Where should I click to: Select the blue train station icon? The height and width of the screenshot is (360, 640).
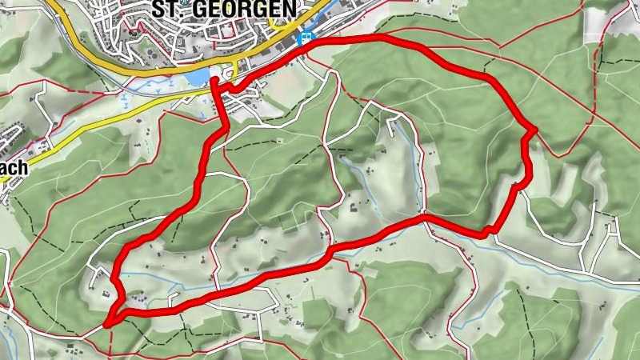point(306,38)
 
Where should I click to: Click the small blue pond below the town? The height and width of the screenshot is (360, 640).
point(197,78)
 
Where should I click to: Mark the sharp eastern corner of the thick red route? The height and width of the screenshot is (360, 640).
point(534,129)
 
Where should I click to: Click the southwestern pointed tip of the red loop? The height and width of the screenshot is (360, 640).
point(106,325)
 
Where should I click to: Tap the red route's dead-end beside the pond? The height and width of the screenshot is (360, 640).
point(214,81)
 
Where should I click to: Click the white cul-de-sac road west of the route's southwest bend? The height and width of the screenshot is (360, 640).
point(96,276)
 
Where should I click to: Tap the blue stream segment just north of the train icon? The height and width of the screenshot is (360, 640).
point(318,16)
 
